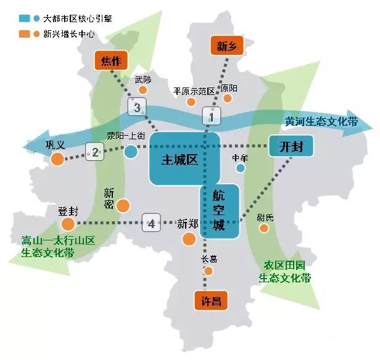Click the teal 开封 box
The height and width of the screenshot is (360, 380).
(x=291, y=146)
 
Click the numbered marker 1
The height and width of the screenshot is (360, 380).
(x=211, y=115)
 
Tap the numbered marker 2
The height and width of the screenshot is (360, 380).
(x=94, y=151)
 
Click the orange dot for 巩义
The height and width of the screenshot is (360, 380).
(x=57, y=160)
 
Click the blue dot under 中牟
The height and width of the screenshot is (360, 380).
(x=241, y=168)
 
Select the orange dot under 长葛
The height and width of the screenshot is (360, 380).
(x=208, y=271)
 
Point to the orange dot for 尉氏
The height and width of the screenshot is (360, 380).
(x=264, y=228)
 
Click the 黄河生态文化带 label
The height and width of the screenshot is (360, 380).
(x=321, y=121)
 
